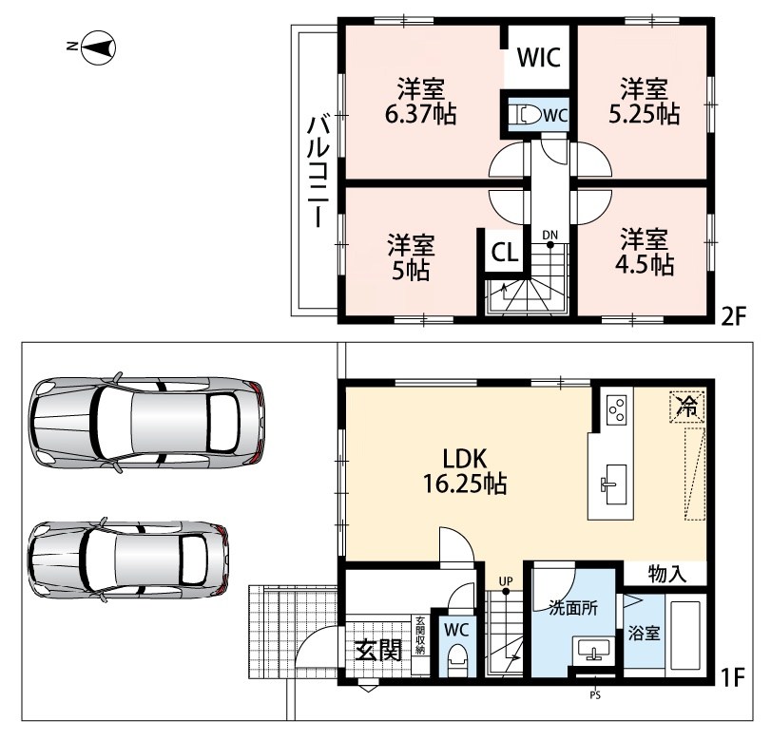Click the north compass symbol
coord(97,47)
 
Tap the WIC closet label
coord(539,57)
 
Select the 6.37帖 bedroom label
coord(421,102)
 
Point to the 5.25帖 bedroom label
coord(645,102)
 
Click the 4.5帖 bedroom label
coord(645,252)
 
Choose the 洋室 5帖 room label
coord(411,257)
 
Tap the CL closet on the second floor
coord(505,253)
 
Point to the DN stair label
coord(550,235)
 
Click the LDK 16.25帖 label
coord(465,471)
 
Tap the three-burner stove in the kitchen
coord(617,409)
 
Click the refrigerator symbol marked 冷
coord(687,406)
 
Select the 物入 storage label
coord(667,574)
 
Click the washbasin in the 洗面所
coord(594,651)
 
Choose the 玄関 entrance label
coord(378,650)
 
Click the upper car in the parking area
coord(146,423)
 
